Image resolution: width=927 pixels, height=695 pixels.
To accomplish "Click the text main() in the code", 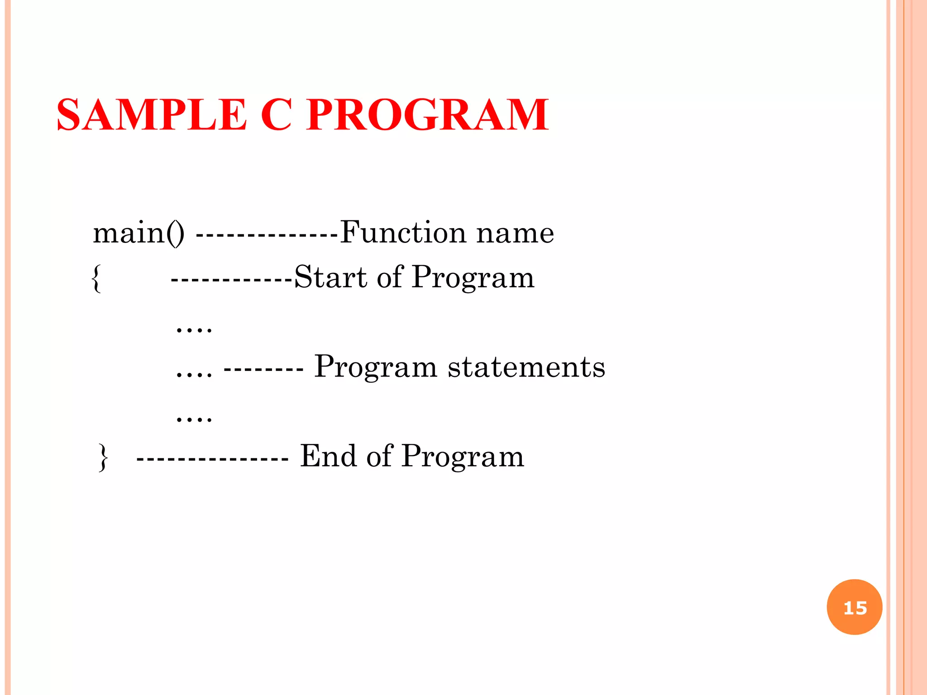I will click(x=139, y=233).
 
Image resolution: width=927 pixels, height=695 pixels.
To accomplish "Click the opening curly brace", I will click(x=96, y=278).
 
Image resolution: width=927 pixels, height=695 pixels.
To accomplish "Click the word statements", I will click(x=526, y=367).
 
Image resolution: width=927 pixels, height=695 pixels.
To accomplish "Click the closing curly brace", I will click(x=104, y=457).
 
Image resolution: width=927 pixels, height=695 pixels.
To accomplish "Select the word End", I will click(x=328, y=456).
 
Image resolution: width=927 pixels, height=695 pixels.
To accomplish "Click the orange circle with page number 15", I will click(x=855, y=607).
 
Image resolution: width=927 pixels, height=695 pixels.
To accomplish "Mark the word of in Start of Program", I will click(x=389, y=277).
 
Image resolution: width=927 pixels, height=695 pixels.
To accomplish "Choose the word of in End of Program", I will click(x=379, y=456).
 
